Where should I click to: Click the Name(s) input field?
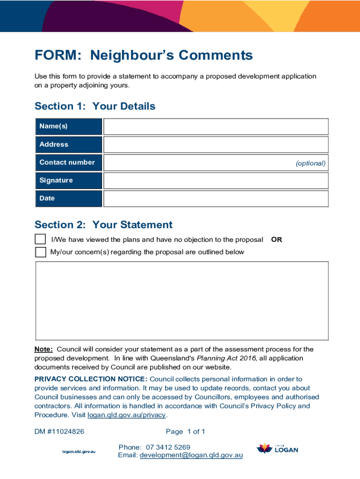pyautogui.click(x=216, y=127)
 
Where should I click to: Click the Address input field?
pyautogui.click(x=216, y=145)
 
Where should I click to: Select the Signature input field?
pyautogui.click(x=216, y=181)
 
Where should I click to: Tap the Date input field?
pyautogui.click(x=216, y=198)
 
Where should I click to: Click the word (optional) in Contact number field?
pyautogui.click(x=310, y=163)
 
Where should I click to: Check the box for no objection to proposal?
pyautogui.click(x=41, y=239)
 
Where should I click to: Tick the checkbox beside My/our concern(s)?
pyautogui.click(x=41, y=252)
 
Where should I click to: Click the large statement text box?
pyautogui.click(x=182, y=301)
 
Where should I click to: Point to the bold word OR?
pyautogui.click(x=276, y=239)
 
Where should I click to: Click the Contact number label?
pyautogui.click(x=67, y=162)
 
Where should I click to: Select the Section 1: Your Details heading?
pyautogui.click(x=95, y=106)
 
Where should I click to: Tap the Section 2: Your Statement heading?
pyautogui.click(x=103, y=225)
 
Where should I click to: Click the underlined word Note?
pyautogui.click(x=44, y=349)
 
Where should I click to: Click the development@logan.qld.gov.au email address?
pyautogui.click(x=191, y=455)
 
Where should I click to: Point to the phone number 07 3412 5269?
pyautogui.click(x=168, y=447)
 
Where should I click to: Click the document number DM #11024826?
pyautogui.click(x=59, y=431)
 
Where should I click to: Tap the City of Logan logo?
pyautogui.click(x=277, y=449)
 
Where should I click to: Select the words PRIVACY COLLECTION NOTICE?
pyautogui.click(x=91, y=379)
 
